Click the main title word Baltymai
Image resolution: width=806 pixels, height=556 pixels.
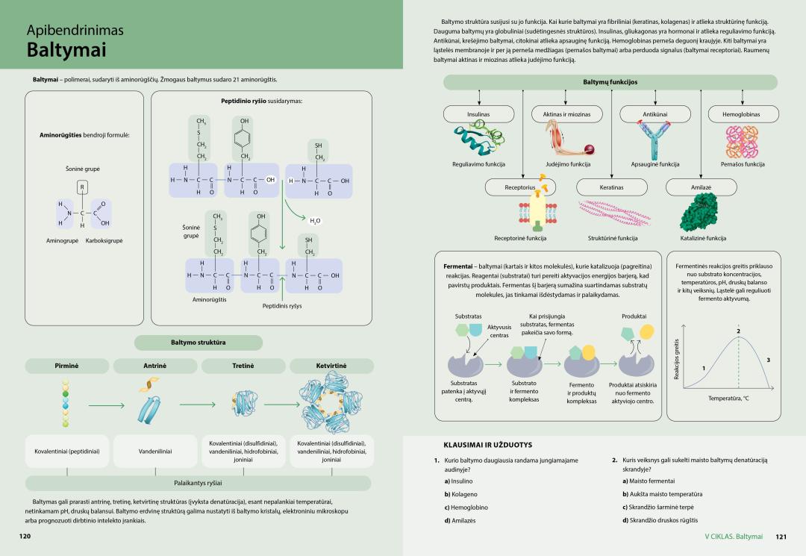click(x=66, y=51)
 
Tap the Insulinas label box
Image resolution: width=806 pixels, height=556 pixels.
click(x=478, y=114)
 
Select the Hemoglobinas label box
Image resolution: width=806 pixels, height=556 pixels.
click(x=741, y=114)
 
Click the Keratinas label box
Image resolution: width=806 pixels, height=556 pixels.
click(x=611, y=187)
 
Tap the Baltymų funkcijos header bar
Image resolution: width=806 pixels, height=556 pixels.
click(x=610, y=82)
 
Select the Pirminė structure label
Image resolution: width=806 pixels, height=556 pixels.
click(x=66, y=366)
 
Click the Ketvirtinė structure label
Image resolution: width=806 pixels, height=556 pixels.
click(x=332, y=366)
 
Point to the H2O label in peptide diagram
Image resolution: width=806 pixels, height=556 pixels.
click(x=315, y=221)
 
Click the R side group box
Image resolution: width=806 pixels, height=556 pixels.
click(x=82, y=187)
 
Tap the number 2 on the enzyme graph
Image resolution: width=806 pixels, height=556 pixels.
click(x=738, y=331)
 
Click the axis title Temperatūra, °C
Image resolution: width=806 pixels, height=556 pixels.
click(x=728, y=398)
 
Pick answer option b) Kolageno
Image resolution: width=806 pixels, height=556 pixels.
click(x=460, y=494)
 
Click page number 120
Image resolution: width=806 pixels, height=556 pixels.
click(x=25, y=536)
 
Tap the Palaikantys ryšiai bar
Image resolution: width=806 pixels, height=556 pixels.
click(x=197, y=483)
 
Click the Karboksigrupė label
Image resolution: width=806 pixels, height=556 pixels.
click(x=104, y=240)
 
